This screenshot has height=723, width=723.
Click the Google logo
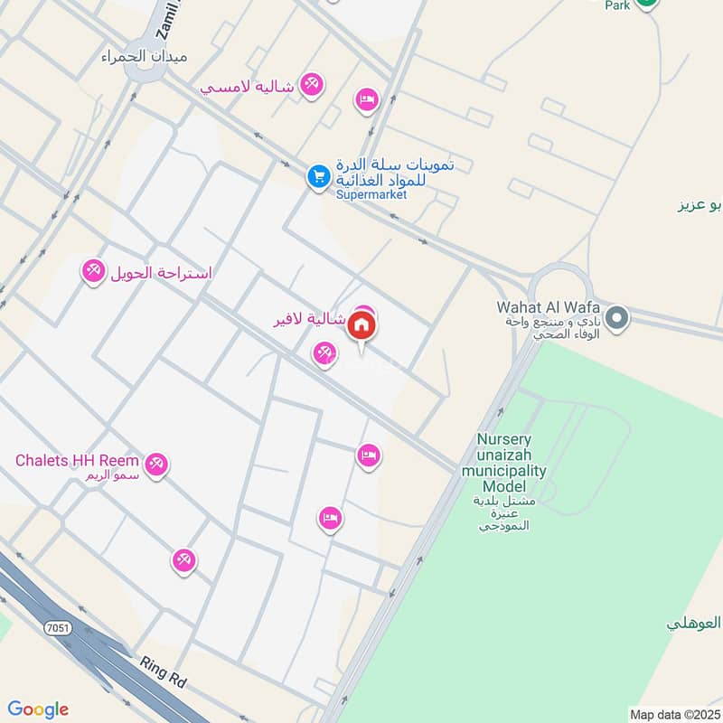[38, 709]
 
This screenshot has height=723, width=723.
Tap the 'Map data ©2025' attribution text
[674, 715]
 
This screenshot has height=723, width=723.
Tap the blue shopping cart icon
[317, 177]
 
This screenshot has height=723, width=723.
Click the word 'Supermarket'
[371, 194]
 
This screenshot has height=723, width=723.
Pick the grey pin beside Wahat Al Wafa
[617, 317]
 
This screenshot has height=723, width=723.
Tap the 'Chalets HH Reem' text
[79, 460]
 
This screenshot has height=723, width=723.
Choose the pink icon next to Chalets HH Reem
[157, 465]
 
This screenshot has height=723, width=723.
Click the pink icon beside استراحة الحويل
[93, 271]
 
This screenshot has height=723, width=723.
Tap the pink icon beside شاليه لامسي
[312, 84]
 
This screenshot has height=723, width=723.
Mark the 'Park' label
[616, 5]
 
